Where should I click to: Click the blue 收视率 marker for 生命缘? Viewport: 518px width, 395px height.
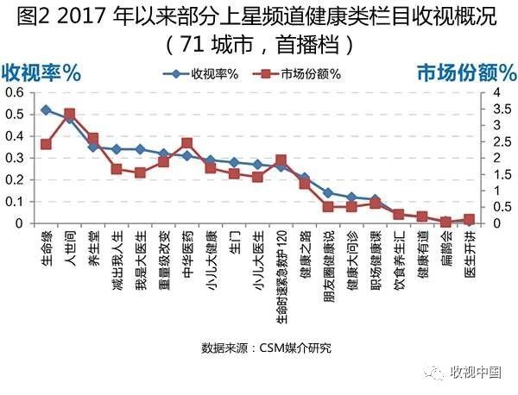pyautogui.click(x=46, y=110)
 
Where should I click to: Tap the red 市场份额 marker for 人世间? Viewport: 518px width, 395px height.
pyautogui.click(x=70, y=113)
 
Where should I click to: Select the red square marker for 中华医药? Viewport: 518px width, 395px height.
pyautogui.click(x=187, y=143)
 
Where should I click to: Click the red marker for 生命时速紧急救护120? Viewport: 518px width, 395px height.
pyautogui.click(x=281, y=160)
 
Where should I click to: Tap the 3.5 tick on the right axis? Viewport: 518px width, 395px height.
pyautogui.click(x=491, y=109)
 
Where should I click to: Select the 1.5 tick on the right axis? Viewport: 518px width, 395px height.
pyautogui.click(x=491, y=174)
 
